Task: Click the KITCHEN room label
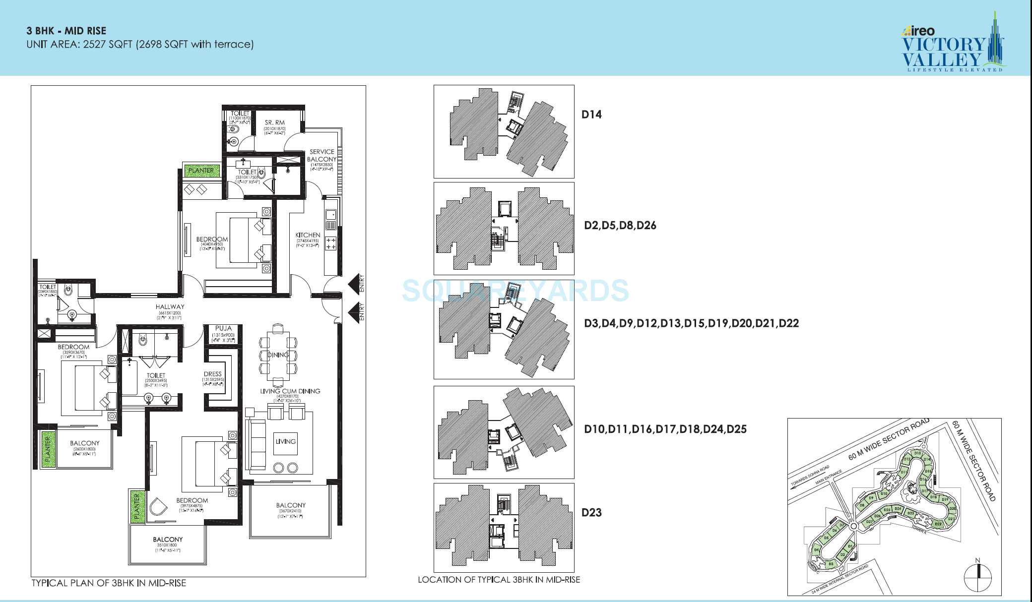(x=308, y=235)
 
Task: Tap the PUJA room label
(x=223, y=328)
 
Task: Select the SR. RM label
(x=274, y=122)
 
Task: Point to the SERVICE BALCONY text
(x=322, y=155)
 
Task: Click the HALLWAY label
(x=170, y=307)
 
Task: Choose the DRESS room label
(x=212, y=374)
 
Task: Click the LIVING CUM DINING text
(x=290, y=391)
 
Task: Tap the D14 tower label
(x=591, y=115)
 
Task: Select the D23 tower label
(x=591, y=513)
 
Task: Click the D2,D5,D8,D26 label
(x=620, y=226)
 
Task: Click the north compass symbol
(x=977, y=577)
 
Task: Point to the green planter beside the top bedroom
(x=201, y=171)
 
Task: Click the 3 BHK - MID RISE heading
(x=66, y=31)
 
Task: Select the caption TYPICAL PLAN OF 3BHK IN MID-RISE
(x=109, y=583)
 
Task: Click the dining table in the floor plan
(x=278, y=355)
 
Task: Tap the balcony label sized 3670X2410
(x=291, y=505)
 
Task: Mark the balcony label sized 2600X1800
(x=84, y=443)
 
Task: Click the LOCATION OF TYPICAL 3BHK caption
(x=499, y=580)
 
